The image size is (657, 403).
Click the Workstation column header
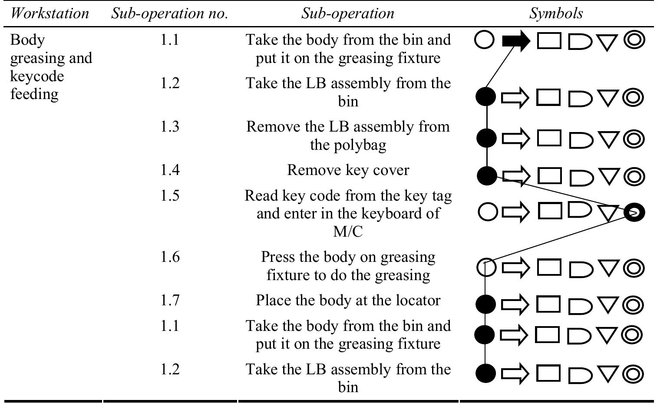(50, 13)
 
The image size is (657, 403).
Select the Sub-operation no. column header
(169, 13)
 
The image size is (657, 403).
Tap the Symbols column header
(556, 13)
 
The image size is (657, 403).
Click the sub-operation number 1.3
(170, 126)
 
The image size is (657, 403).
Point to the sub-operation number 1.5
(170, 195)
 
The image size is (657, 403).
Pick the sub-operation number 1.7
(170, 300)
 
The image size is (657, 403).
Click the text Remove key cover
(348, 170)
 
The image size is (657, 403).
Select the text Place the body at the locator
(348, 300)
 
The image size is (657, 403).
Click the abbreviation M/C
(348, 231)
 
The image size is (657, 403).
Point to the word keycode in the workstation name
(37, 76)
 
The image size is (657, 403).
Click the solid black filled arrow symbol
(516, 41)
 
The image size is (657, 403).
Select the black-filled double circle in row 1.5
(634, 212)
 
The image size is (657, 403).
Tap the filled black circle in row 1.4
(487, 176)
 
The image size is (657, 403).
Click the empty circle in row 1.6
(486, 267)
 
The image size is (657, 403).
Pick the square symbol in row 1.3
(549, 138)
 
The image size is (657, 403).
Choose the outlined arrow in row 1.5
(515, 212)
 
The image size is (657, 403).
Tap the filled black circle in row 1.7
(485, 304)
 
